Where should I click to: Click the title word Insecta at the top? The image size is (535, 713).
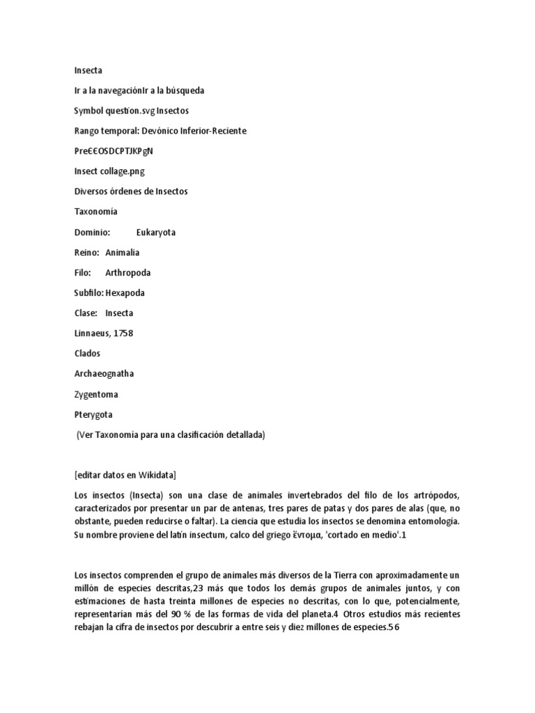[88, 70]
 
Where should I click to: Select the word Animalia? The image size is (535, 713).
[122, 253]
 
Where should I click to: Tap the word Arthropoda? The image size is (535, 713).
[127, 273]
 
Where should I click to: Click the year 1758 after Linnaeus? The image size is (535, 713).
[123, 334]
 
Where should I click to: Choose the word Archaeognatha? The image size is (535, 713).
[104, 374]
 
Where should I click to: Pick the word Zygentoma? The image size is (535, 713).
[96, 394]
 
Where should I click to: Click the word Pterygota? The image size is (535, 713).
[93, 414]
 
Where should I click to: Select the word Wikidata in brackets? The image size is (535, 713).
[156, 475]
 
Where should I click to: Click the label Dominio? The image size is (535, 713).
[92, 233]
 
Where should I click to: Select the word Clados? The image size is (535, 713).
[87, 354]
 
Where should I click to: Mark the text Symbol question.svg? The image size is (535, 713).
[114, 111]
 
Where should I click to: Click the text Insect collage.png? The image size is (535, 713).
[109, 171]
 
